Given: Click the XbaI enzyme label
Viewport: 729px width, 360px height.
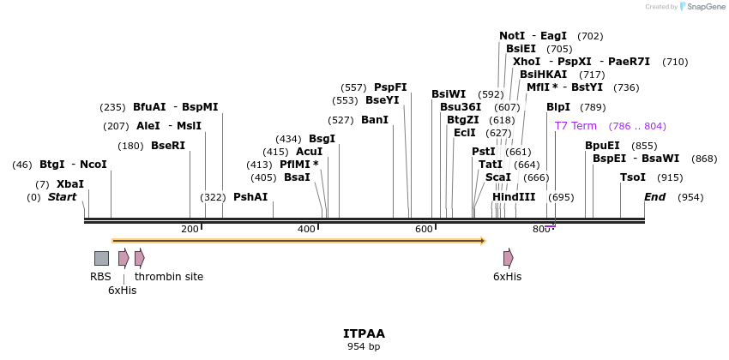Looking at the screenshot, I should click(x=70, y=184).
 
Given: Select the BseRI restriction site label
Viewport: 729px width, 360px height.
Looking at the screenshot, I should click(x=168, y=146).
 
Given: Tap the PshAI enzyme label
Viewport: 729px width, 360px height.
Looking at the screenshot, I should click(x=250, y=197).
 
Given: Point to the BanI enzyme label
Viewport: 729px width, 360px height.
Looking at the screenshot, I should click(x=375, y=120).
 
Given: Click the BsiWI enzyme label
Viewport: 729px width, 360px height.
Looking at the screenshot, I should click(x=449, y=94).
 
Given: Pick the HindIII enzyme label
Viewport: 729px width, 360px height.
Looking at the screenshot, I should click(x=514, y=197).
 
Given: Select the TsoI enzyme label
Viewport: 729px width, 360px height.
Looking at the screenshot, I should click(x=633, y=177).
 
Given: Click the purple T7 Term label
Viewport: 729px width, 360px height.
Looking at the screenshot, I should click(x=575, y=126).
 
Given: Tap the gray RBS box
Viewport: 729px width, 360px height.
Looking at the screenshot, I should click(x=101, y=258).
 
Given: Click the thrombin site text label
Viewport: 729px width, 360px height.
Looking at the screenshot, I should click(x=169, y=277).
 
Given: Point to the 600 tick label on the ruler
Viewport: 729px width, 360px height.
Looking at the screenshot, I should click(x=424, y=229).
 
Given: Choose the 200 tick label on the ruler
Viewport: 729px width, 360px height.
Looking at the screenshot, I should click(x=190, y=229).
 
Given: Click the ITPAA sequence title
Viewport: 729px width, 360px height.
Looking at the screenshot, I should click(x=364, y=333).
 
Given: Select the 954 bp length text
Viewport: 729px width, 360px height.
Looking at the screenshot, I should click(x=364, y=346).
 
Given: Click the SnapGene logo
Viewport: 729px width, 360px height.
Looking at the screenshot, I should click(x=702, y=7).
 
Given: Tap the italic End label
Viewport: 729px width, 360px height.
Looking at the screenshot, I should click(x=655, y=197).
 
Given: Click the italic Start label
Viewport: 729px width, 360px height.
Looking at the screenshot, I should click(x=62, y=197).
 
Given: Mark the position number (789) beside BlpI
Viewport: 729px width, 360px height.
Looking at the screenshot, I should click(x=593, y=107).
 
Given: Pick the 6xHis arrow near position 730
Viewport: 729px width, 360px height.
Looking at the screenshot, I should click(x=509, y=258).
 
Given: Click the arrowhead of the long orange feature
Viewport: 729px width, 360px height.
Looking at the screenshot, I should click(x=483, y=241).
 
